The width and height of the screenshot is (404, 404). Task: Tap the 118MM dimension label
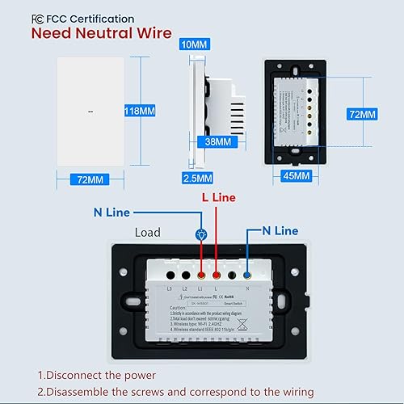(154, 111)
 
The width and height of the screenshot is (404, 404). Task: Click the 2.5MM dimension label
(198, 178)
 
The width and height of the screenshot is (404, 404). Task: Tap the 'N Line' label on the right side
(280, 230)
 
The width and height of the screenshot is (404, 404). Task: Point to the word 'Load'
(148, 233)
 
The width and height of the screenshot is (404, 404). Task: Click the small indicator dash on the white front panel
(89, 112)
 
